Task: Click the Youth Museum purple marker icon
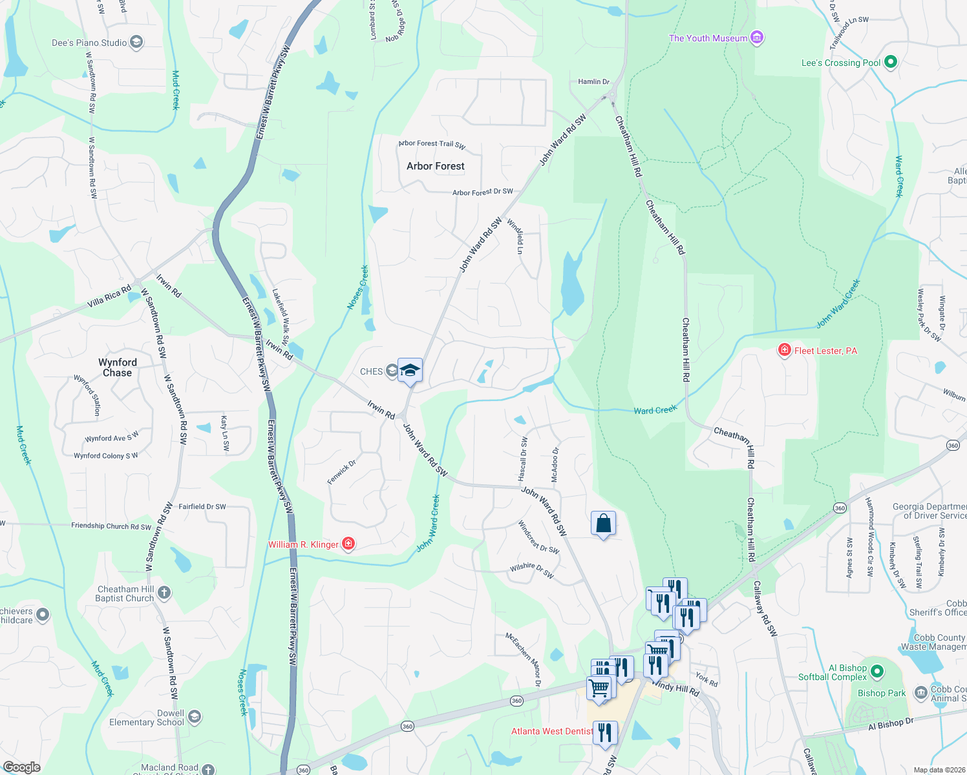tap(758, 37)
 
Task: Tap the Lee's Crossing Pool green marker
tap(891, 62)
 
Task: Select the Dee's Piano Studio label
tap(89, 43)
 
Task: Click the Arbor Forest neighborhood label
tap(436, 166)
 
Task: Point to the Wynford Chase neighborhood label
tap(117, 367)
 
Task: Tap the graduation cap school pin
tap(410, 371)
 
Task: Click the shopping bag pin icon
tap(603, 523)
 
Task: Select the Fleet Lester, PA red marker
tap(785, 350)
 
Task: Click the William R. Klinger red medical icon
tap(348, 544)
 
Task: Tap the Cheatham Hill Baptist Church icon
tap(164, 592)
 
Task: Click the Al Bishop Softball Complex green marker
tap(877, 672)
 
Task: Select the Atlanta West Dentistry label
tap(552, 731)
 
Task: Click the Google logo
tap(22, 767)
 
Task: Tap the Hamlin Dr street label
tap(593, 82)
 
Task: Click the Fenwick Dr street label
tap(341, 472)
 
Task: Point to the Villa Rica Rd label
tap(109, 296)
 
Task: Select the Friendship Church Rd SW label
tap(111, 526)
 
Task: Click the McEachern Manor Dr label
tap(524, 659)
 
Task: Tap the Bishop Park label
tap(882, 693)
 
